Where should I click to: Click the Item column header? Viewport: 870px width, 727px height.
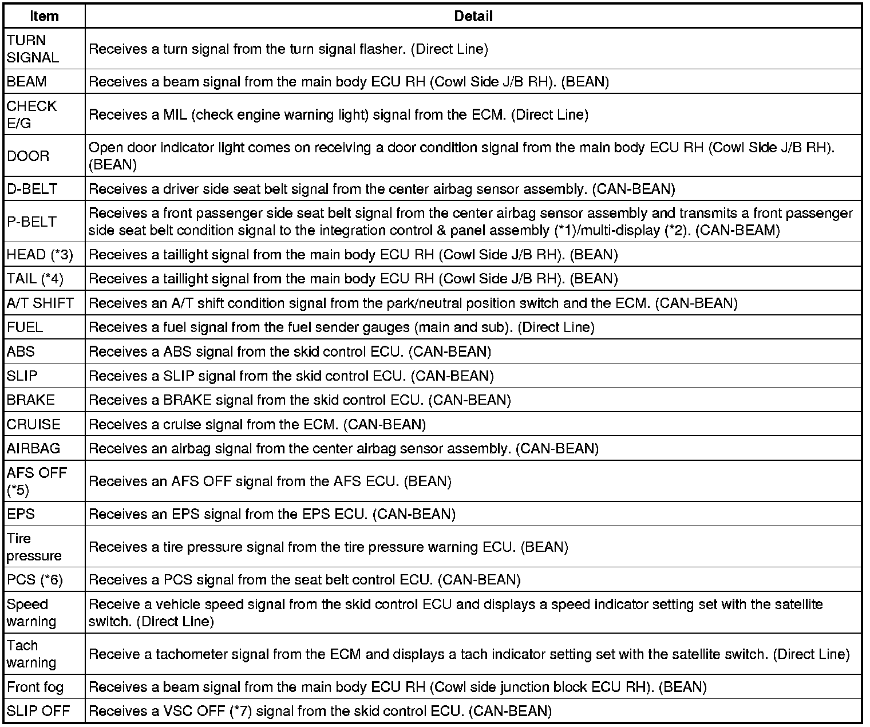click(x=44, y=16)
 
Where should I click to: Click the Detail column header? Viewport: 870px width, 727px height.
click(x=473, y=16)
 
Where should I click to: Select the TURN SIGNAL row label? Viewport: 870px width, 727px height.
click(x=33, y=49)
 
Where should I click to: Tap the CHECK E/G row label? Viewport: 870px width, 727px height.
click(x=31, y=114)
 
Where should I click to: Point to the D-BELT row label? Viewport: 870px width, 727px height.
click(x=32, y=189)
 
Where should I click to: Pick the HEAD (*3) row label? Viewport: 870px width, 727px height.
click(x=40, y=254)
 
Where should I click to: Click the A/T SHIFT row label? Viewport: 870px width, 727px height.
click(x=40, y=303)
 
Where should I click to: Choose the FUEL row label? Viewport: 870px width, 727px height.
click(x=25, y=327)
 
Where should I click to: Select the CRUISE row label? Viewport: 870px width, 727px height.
click(x=33, y=424)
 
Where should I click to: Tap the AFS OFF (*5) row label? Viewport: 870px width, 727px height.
click(x=37, y=481)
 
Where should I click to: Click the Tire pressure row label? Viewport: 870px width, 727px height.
click(x=34, y=547)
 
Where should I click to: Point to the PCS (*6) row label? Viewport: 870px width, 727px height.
click(x=34, y=579)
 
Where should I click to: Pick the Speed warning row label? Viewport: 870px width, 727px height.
click(x=31, y=613)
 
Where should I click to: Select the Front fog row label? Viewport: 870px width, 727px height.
click(x=35, y=686)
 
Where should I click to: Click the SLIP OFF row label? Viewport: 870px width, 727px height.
click(x=38, y=711)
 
